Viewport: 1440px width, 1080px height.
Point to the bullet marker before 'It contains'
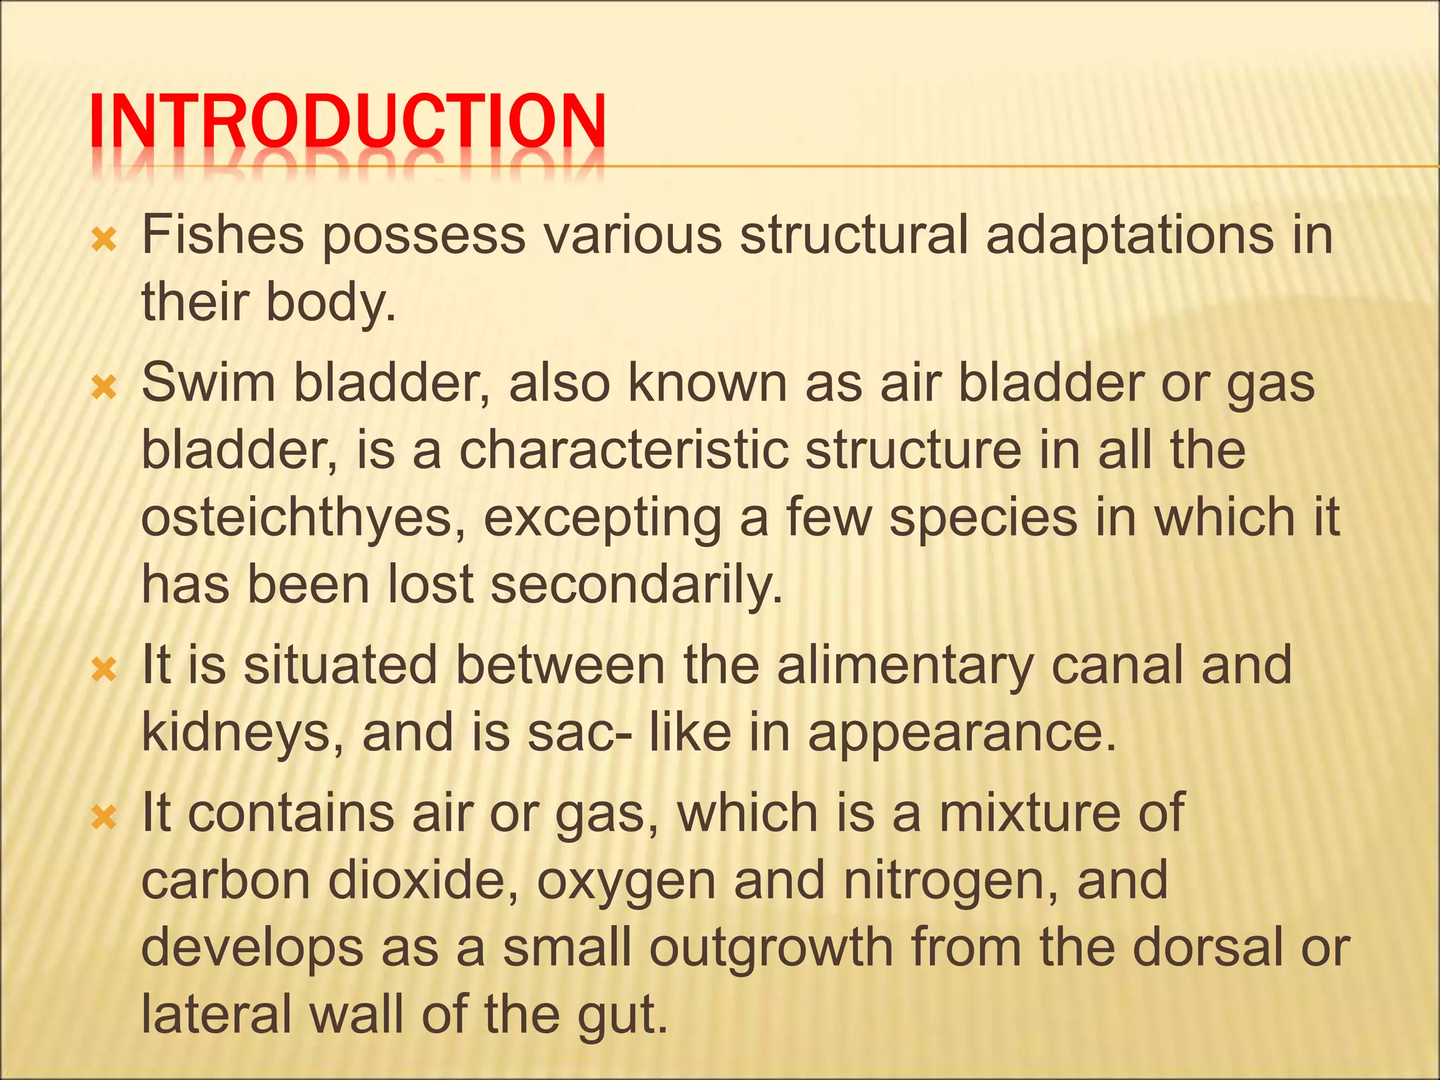point(104,818)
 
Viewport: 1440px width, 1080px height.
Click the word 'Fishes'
point(223,236)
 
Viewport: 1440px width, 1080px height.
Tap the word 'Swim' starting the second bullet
point(209,383)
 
